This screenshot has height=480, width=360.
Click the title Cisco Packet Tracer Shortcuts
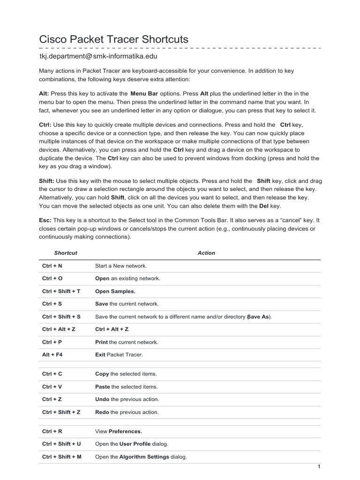[113, 39]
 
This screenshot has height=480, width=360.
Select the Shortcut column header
[66, 253]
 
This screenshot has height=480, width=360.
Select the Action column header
[206, 253]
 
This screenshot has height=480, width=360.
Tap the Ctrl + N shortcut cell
[52, 266]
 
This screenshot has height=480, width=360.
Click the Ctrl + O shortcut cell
[52, 278]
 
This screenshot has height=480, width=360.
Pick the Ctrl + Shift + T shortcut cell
[61, 291]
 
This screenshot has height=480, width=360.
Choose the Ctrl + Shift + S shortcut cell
[61, 316]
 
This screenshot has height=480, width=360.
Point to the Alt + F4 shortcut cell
[52, 355]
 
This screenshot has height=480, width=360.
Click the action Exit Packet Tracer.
[119, 355]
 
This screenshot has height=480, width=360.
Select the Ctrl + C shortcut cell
[52, 374]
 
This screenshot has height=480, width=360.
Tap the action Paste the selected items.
[126, 387]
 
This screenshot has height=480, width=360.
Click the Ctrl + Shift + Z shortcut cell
[61, 412]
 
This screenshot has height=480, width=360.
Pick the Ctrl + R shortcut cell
[52, 431]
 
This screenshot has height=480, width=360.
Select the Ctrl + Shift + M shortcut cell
[61, 457]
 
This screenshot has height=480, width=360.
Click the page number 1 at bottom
[318, 467]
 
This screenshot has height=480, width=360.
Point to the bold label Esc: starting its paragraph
[45, 220]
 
